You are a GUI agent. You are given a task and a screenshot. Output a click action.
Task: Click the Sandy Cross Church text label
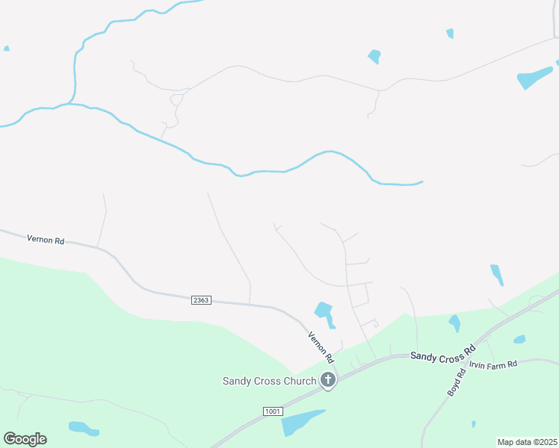pos(269,381)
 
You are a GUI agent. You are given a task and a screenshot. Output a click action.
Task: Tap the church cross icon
pos(327,380)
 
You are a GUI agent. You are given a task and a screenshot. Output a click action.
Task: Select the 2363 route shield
pos(201,299)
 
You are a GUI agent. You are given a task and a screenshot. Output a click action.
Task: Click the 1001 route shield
pos(274,411)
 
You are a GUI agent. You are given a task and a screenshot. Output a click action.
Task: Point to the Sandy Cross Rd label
pos(443,352)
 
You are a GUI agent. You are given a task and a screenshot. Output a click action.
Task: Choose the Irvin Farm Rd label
pos(493,365)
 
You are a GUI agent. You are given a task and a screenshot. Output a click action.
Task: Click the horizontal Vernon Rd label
pos(46,240)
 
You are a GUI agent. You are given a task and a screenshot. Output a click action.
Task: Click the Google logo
pos(25,438)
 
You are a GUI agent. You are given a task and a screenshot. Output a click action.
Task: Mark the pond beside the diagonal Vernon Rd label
pos(324,311)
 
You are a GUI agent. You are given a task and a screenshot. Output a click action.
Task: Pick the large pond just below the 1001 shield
pos(300,422)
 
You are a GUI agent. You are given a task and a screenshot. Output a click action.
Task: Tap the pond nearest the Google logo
pos(82,429)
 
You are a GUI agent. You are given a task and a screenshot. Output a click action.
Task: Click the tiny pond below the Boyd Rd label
pos(474,424)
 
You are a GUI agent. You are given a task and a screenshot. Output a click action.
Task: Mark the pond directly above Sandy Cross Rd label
pos(454,323)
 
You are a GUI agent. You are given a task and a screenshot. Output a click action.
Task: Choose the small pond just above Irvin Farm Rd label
pos(519,339)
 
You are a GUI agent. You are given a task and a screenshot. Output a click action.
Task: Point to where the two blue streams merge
pos(68,104)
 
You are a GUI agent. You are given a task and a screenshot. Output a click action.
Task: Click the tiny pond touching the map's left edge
pos(6,49)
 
